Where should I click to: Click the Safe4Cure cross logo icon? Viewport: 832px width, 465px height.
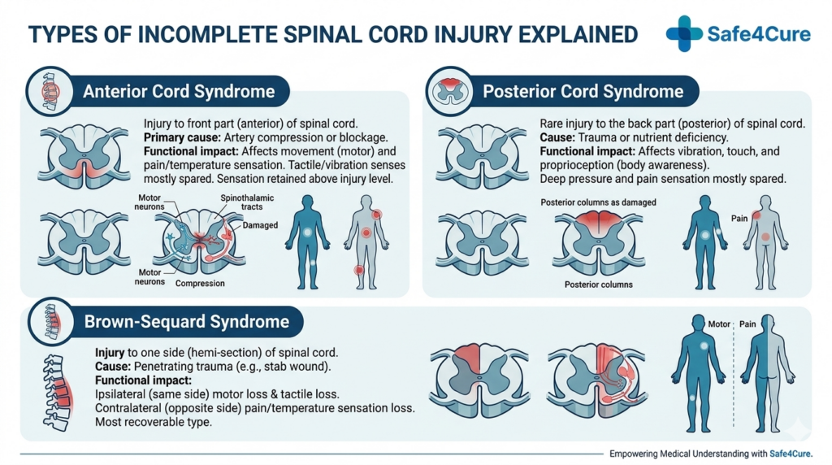(684, 33)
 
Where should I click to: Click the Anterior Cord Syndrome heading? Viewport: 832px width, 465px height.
(179, 90)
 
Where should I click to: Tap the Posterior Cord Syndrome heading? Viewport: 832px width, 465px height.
(583, 90)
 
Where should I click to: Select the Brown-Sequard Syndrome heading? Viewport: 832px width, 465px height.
(186, 322)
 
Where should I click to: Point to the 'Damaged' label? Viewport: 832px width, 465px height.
(260, 225)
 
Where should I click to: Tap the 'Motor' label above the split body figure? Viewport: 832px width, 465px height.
(719, 324)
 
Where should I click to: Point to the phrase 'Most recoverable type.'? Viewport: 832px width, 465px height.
(154, 423)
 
